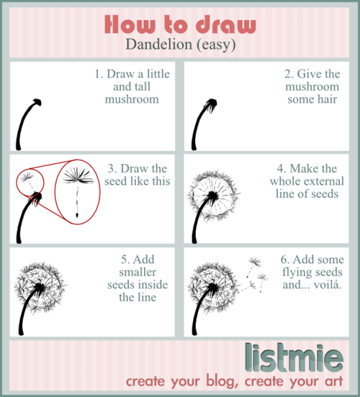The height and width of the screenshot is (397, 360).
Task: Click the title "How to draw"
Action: coord(180,24)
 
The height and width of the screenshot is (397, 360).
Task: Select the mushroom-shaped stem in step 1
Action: coord(30,122)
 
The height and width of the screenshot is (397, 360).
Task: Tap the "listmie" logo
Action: coord(300,356)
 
